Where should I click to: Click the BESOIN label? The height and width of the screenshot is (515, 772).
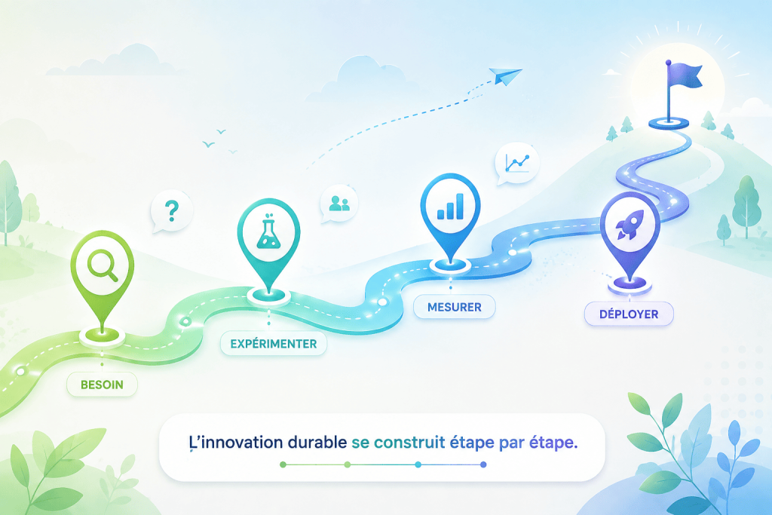(x=102, y=385)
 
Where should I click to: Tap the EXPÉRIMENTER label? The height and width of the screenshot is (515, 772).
(x=273, y=344)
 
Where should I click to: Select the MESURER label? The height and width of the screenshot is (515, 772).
(x=454, y=307)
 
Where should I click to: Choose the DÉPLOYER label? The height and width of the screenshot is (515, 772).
(x=629, y=314)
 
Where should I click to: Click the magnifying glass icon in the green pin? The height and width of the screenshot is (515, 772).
(x=103, y=265)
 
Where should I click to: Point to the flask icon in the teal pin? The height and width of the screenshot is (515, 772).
(x=269, y=231)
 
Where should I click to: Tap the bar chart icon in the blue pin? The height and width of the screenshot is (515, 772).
(x=451, y=206)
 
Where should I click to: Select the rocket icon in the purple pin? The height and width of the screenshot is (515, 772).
(x=630, y=225)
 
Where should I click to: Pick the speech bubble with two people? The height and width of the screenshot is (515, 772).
(x=339, y=204)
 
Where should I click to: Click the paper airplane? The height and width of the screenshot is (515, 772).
(x=505, y=76)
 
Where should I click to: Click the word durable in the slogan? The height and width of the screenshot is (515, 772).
(x=317, y=442)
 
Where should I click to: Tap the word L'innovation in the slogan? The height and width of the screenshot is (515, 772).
(x=236, y=442)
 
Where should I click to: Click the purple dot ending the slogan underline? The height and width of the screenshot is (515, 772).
(x=483, y=464)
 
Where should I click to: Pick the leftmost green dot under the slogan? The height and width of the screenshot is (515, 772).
(x=283, y=464)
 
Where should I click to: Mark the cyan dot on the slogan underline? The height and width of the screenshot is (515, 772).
(x=418, y=464)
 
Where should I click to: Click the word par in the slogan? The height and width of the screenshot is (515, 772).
(x=512, y=443)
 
